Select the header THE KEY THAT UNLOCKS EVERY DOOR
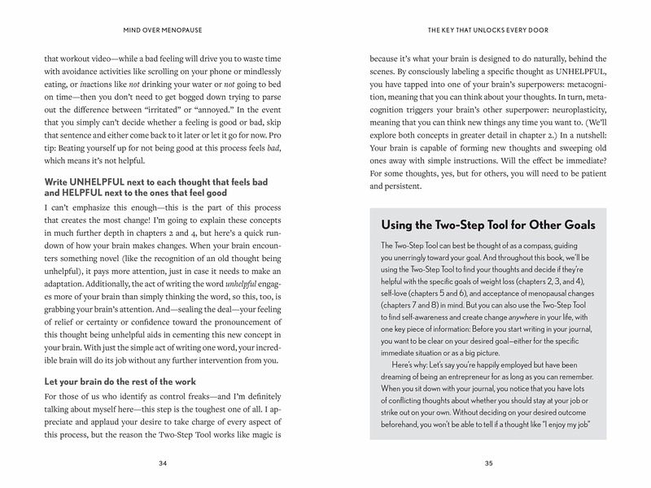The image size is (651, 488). coord(488,33)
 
